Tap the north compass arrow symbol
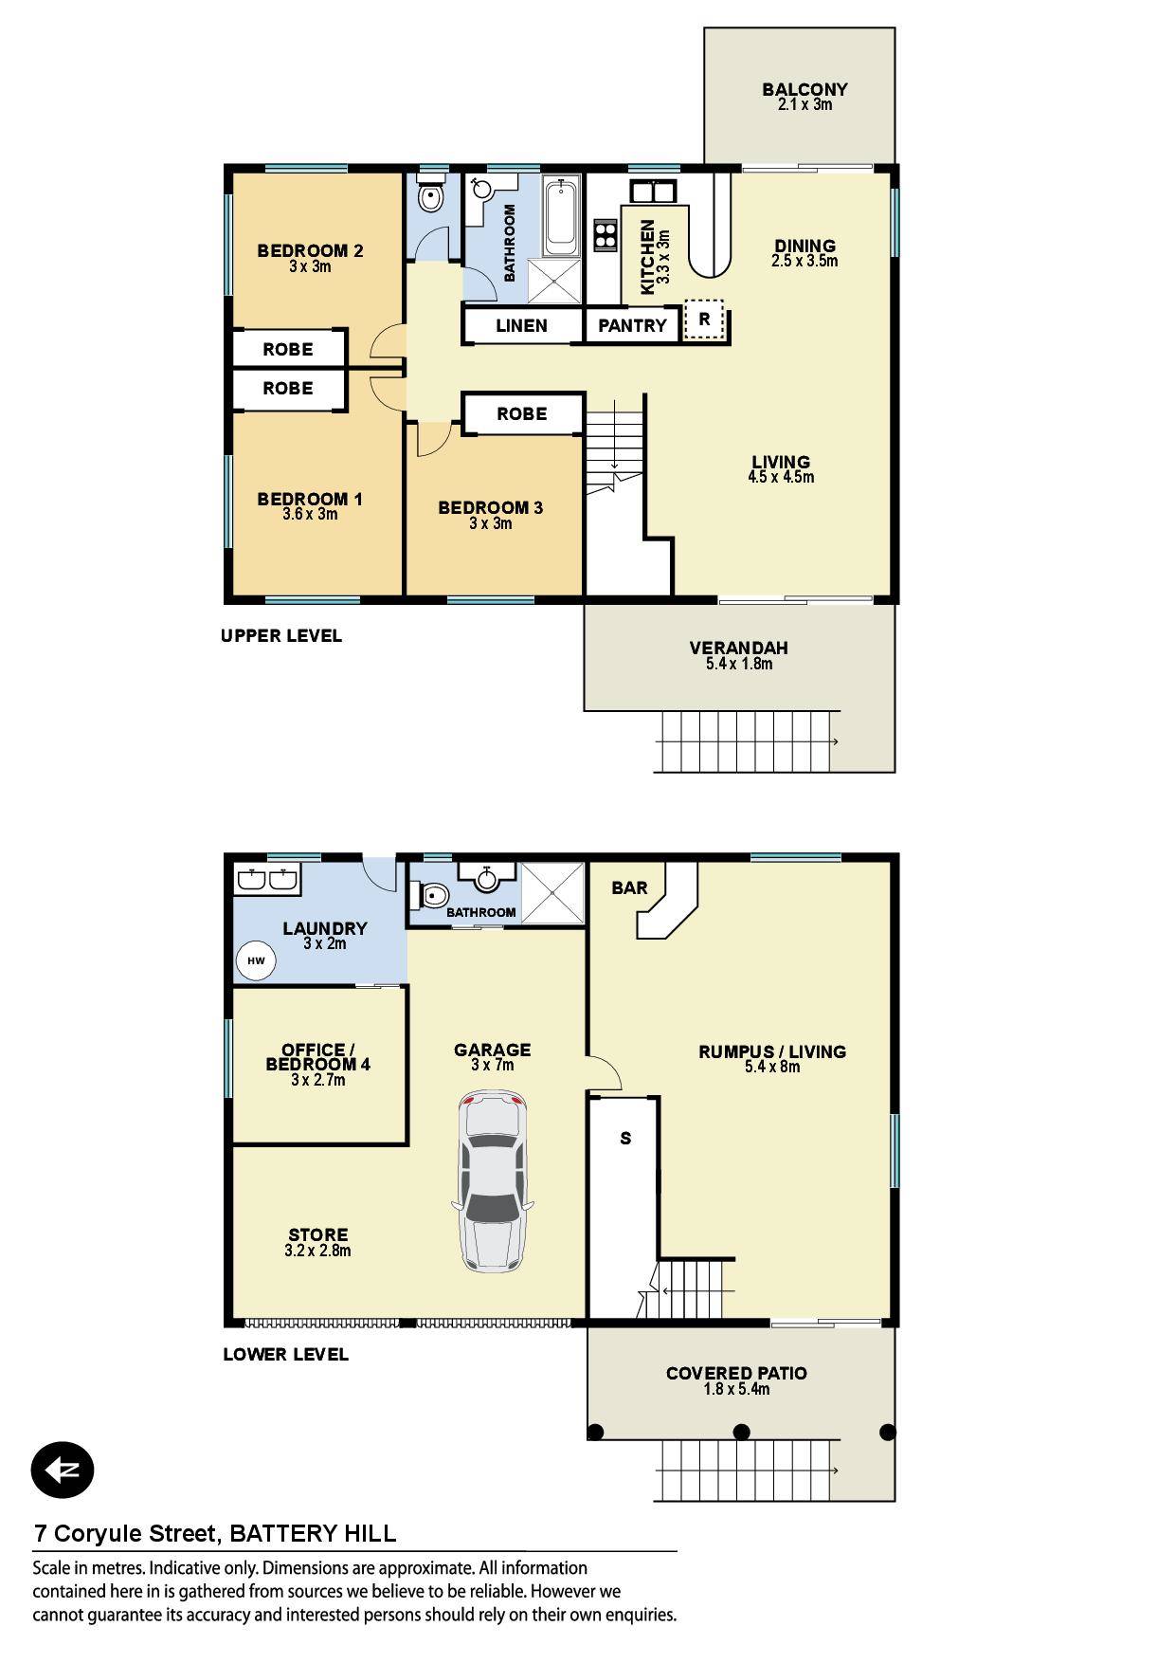tap(63, 1471)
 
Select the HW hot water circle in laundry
tap(256, 960)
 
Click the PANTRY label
tap(632, 326)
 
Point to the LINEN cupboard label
tap(521, 326)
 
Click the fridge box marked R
tap(704, 320)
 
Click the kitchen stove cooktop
tap(606, 234)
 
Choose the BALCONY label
tap(804, 90)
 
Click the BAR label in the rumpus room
tap(630, 887)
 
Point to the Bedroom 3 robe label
tap(522, 414)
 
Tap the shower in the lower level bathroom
tap(551, 891)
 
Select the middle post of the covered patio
tap(742, 1432)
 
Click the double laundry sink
tap(267, 880)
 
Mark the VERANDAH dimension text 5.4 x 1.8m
tap(739, 664)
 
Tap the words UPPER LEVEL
tap(281, 636)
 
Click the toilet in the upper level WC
tap(432, 196)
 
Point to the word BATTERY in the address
tap(279, 1533)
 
